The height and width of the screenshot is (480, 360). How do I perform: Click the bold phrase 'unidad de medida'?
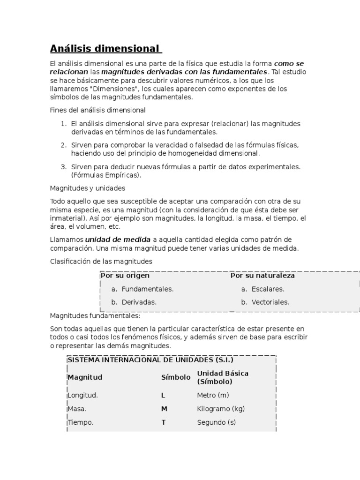click(x=118, y=240)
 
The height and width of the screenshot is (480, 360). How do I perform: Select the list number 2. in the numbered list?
click(x=64, y=145)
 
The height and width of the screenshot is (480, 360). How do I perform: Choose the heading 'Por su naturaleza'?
click(x=262, y=276)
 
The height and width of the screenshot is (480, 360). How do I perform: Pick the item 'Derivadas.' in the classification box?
click(x=139, y=302)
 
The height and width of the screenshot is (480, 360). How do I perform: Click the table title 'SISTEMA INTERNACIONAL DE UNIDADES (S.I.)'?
click(x=150, y=360)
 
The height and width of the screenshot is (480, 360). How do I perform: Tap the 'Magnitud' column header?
click(x=85, y=377)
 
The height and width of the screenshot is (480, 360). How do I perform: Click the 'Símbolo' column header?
click(x=176, y=377)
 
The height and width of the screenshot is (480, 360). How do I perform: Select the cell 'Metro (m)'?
click(x=213, y=395)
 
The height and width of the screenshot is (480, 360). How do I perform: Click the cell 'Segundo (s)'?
click(x=217, y=422)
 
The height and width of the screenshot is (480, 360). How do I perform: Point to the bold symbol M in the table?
click(x=164, y=409)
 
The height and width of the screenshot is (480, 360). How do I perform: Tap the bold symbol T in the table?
click(x=164, y=422)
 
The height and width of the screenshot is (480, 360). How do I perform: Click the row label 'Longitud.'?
click(x=83, y=395)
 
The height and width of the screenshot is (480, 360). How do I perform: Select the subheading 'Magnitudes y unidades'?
click(x=88, y=188)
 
